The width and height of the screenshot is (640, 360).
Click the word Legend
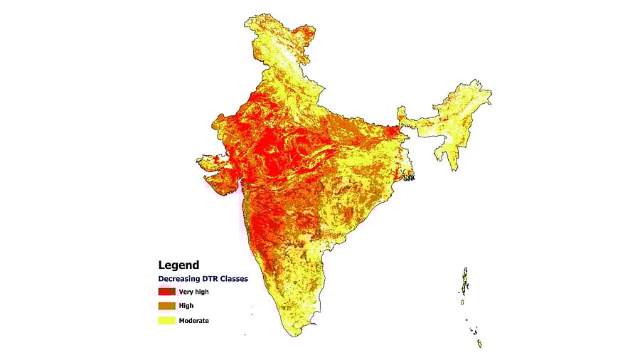coord(178,265)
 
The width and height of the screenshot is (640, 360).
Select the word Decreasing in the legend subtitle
coord(182,279)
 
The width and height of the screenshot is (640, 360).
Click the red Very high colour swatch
coord(166,291)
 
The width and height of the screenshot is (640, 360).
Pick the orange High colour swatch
coord(166,305)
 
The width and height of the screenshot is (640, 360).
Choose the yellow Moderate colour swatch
coord(166,320)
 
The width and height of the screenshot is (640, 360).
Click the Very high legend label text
coord(194,291)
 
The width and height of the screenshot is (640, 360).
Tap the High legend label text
coord(186,305)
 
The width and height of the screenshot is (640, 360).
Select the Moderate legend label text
coord(194,320)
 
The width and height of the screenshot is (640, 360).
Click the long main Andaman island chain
coord(465,281)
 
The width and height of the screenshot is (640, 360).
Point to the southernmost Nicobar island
coord(479,344)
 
